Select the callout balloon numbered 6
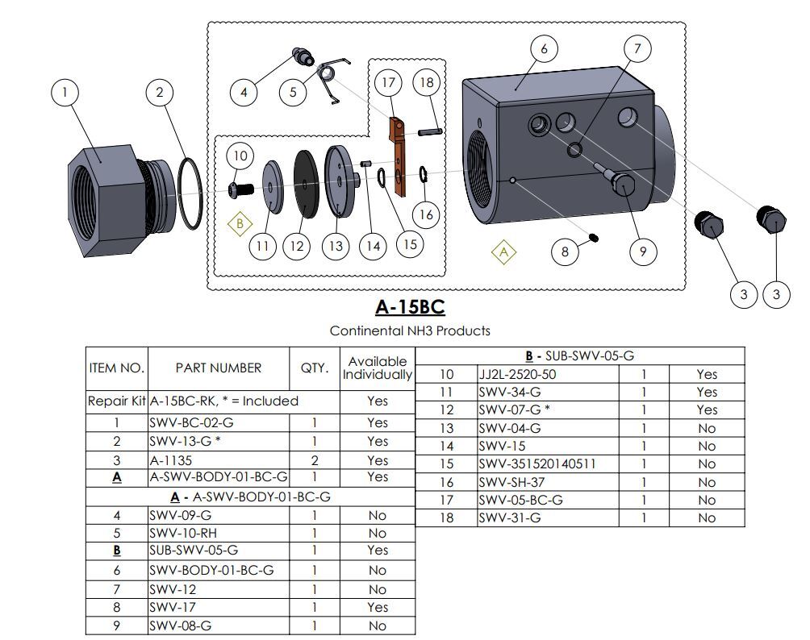(x=544, y=49)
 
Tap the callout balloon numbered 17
(x=389, y=83)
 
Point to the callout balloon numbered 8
(x=565, y=252)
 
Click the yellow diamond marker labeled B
(x=239, y=223)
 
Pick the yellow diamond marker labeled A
(x=504, y=252)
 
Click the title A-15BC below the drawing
(x=410, y=307)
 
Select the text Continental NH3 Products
(x=410, y=330)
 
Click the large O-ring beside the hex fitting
(x=191, y=193)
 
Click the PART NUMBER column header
(x=219, y=368)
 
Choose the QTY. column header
(x=314, y=368)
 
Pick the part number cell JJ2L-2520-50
(x=517, y=374)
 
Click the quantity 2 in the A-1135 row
(x=314, y=460)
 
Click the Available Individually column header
(x=377, y=368)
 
